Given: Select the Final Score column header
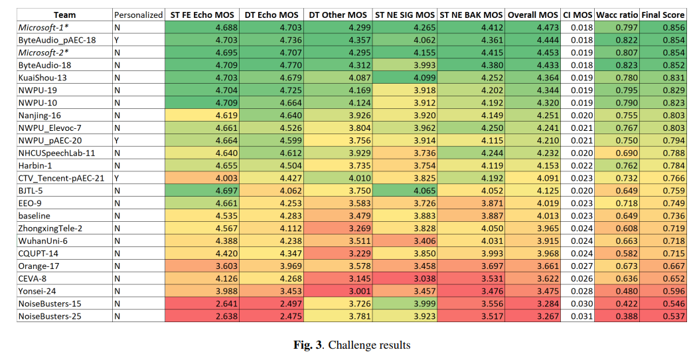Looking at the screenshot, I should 664,15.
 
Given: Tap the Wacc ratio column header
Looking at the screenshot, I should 617,15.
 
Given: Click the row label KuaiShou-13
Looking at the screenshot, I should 43,78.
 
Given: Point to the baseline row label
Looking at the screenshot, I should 35,216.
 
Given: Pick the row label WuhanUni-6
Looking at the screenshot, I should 42,240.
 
